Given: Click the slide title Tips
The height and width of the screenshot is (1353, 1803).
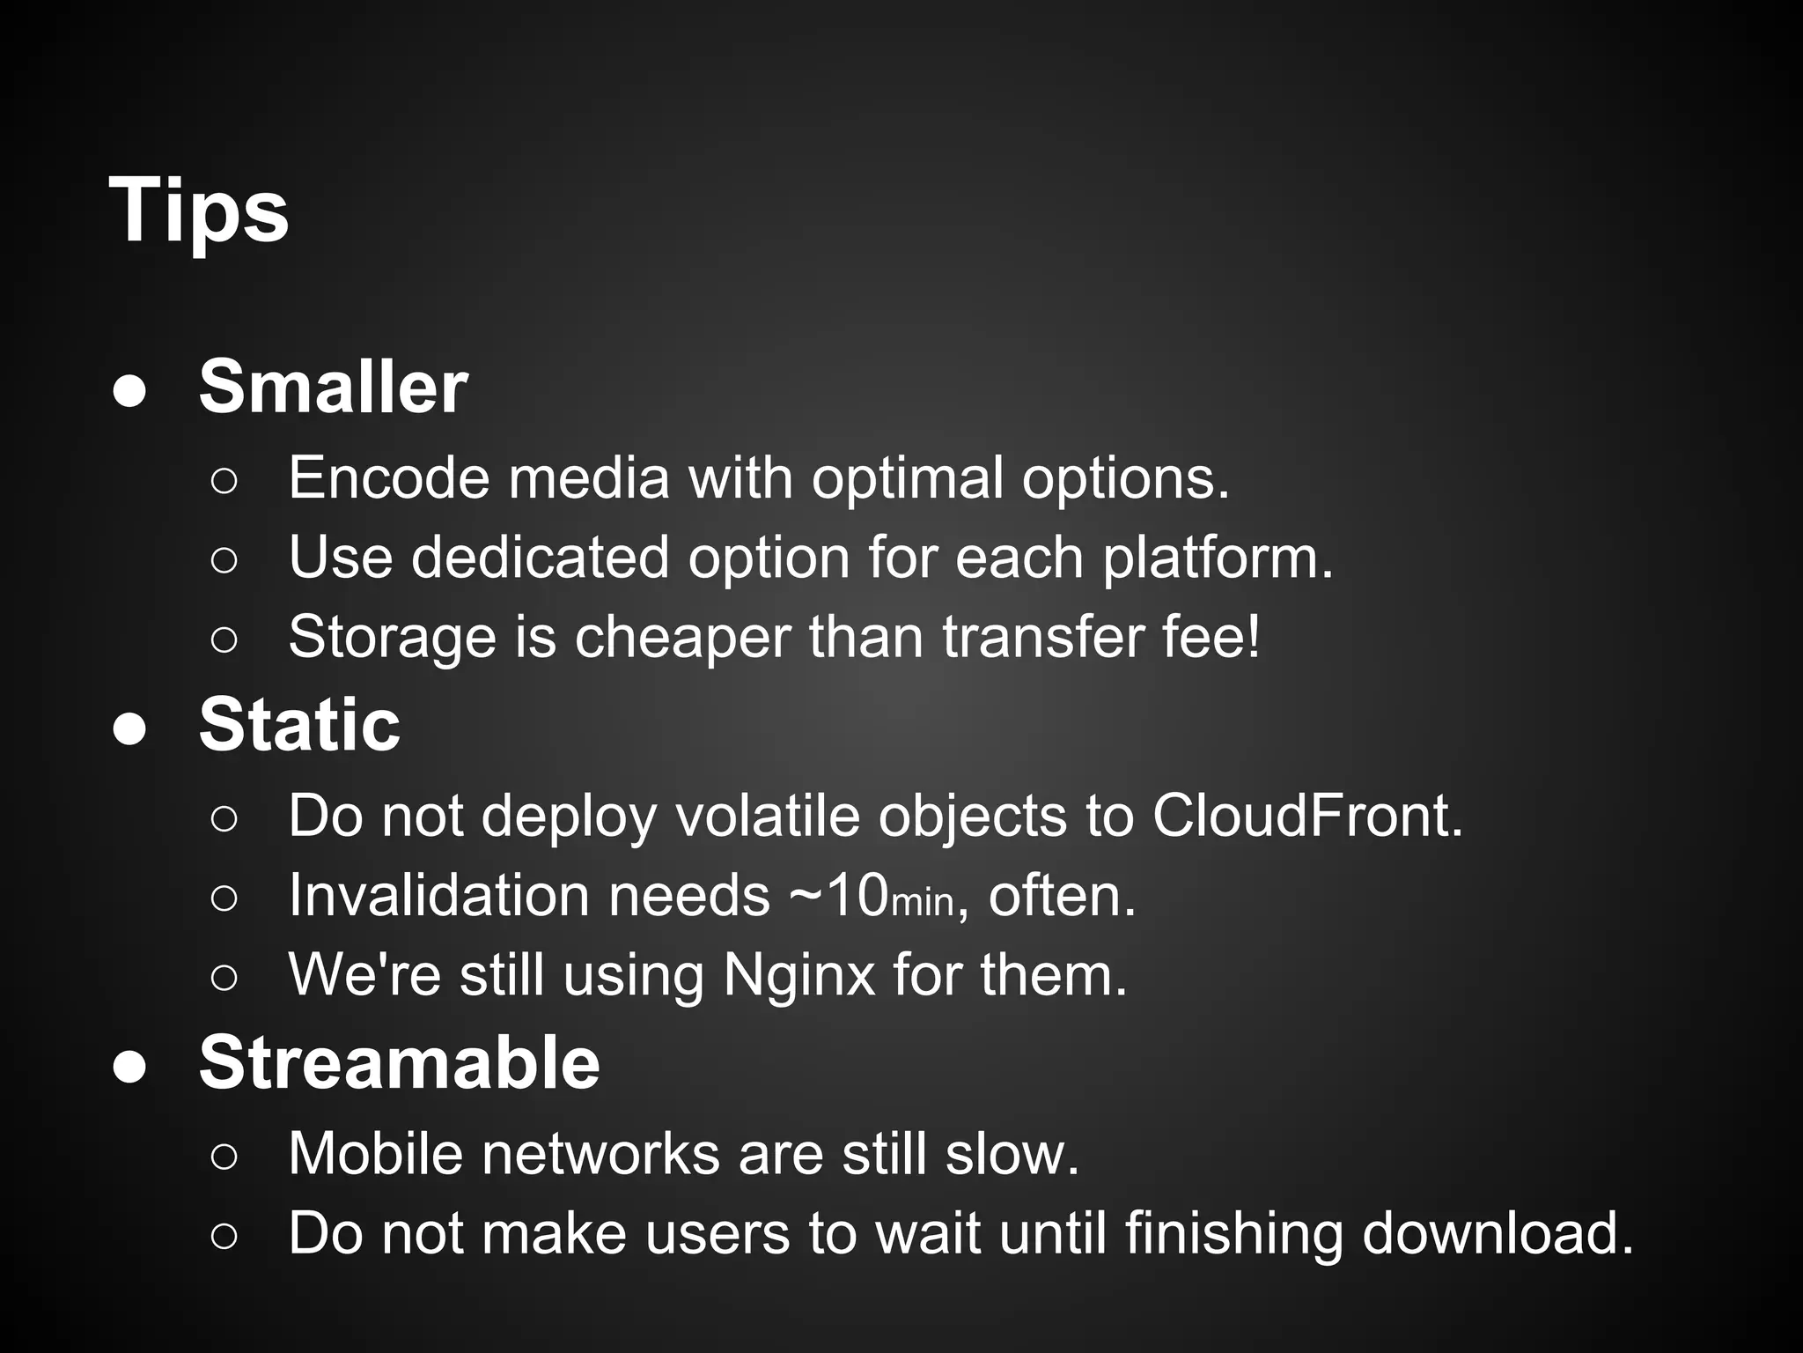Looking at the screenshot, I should [x=199, y=210].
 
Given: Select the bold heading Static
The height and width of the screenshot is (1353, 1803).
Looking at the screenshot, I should [x=299, y=724].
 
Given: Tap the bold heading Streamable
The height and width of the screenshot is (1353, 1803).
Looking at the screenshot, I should [x=399, y=1061].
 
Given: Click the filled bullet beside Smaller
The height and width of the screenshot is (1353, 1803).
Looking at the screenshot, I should [x=129, y=392].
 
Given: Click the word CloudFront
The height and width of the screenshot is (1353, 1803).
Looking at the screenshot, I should [x=1306, y=815].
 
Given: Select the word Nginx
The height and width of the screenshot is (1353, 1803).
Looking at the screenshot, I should [x=798, y=975].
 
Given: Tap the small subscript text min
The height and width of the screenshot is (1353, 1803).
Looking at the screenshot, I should [x=923, y=902].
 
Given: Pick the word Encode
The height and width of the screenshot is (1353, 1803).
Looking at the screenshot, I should [x=388, y=477].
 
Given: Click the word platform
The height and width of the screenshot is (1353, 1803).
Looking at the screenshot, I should [x=1218, y=558].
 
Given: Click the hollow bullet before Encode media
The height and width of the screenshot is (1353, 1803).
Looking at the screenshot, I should [x=224, y=481].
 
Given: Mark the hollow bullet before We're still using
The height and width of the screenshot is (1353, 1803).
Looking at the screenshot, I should [x=224, y=978].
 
